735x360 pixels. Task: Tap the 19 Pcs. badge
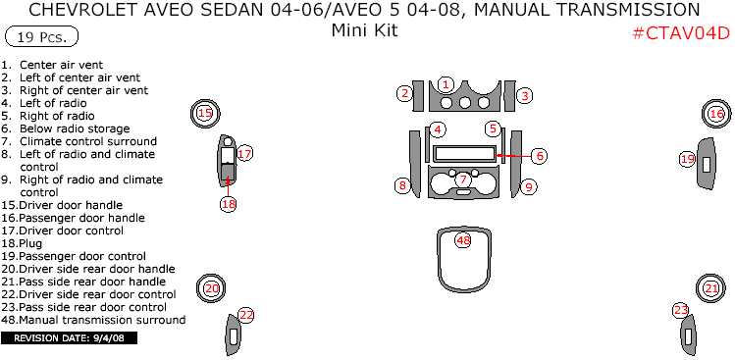41,38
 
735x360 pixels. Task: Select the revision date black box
70,338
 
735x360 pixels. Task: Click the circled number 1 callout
446,84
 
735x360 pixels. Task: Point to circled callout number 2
404,93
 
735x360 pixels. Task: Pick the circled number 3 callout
525,95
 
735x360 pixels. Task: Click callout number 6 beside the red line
539,155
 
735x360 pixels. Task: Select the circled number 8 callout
401,185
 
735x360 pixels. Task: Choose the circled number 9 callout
528,186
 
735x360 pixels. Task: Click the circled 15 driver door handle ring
204,114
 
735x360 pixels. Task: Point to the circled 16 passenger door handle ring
716,115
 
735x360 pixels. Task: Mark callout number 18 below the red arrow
229,204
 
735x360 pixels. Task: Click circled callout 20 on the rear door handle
211,288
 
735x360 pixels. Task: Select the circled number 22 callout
246,315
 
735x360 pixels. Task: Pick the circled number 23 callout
680,310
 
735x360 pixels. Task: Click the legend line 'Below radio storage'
74,129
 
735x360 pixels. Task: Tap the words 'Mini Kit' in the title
364,29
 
